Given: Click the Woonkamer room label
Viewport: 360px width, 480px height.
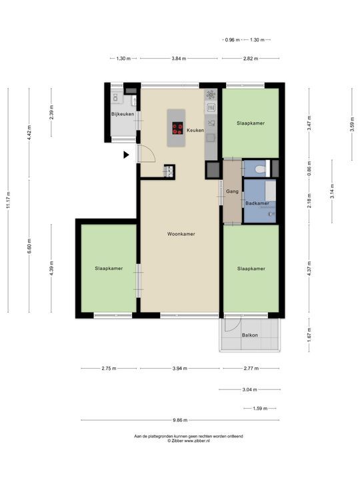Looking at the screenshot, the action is (181, 234).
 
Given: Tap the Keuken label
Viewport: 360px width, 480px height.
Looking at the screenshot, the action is (195, 130).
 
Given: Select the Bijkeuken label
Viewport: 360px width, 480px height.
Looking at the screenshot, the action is (123, 114).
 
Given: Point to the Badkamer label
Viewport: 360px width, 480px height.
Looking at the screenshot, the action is (257, 203).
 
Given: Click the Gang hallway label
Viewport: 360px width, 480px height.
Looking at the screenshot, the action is (232, 191).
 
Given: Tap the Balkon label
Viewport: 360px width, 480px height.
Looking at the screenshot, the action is (250, 335).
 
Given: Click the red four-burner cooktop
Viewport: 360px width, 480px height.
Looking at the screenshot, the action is (177, 128).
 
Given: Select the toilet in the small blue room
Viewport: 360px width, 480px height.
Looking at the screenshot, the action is (261, 169).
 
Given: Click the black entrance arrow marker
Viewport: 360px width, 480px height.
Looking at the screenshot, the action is (126, 155).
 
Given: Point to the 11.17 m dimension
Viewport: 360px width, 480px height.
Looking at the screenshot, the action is (8, 200).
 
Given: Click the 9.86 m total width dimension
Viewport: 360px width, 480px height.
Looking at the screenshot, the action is (180, 420).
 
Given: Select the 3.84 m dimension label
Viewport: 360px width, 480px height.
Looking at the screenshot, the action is (179, 59).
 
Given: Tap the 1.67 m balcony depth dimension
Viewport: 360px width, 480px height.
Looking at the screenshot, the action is (309, 335).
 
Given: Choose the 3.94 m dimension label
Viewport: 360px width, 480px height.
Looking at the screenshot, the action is (180, 368).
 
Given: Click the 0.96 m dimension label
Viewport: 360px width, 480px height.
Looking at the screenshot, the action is (232, 40).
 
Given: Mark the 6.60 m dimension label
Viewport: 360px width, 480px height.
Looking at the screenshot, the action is (29, 246).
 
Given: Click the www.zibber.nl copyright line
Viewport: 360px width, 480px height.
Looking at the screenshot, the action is (189, 441).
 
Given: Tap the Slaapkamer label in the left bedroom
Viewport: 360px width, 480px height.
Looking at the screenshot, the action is (109, 269).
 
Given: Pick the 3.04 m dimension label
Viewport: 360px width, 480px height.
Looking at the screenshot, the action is (250, 390).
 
